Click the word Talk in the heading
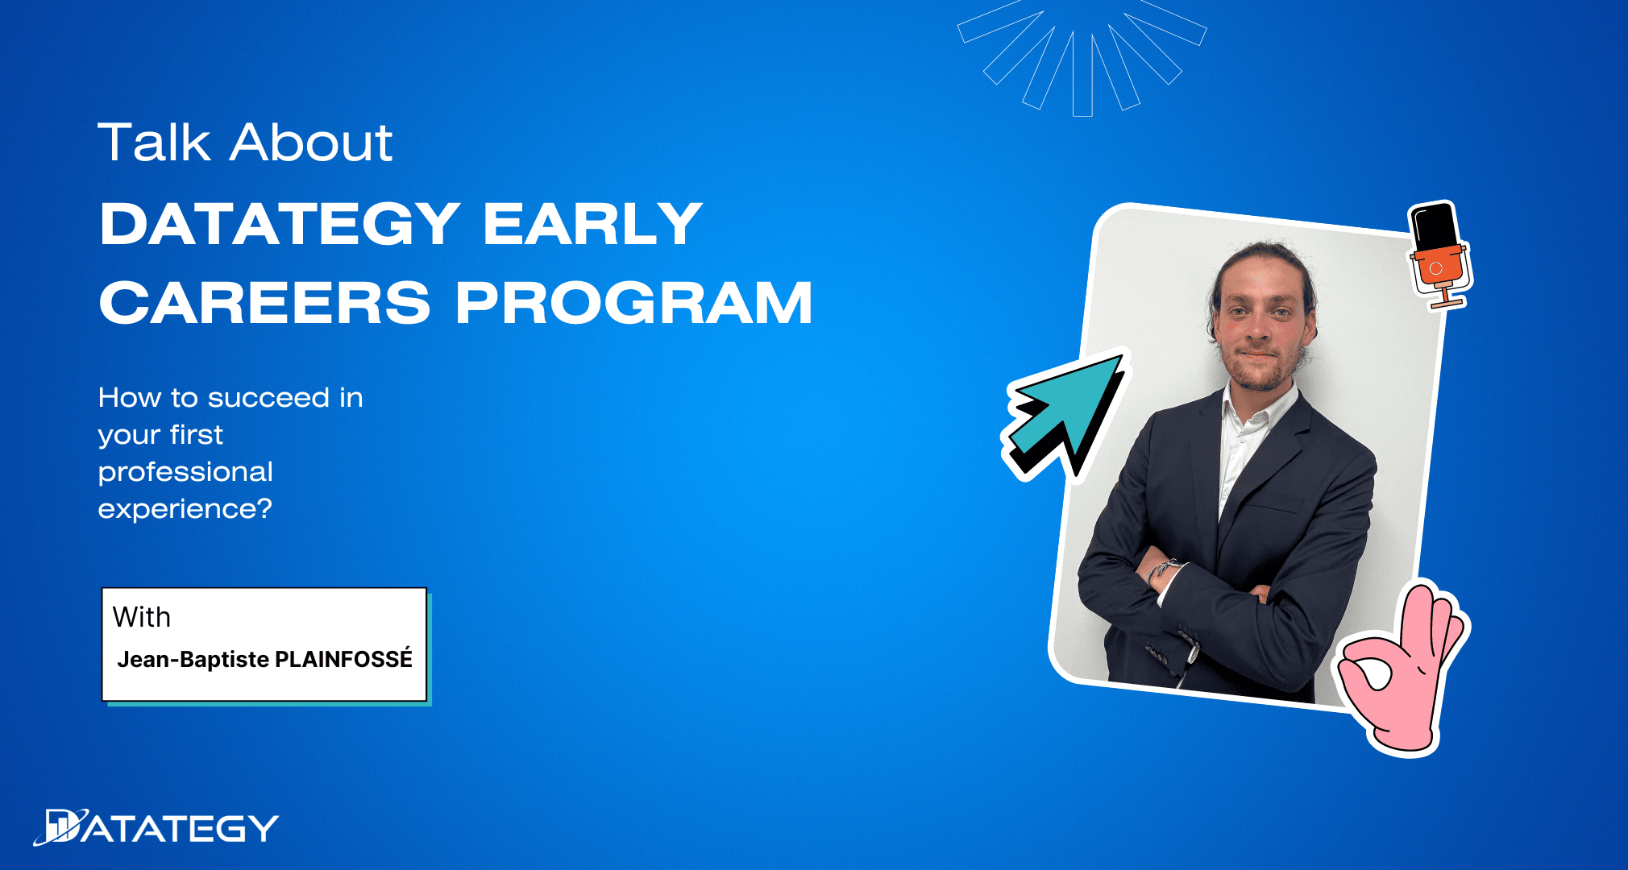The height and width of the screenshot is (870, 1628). tap(154, 143)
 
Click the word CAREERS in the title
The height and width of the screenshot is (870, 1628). tap(265, 303)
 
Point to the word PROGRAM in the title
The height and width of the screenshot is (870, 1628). tap(634, 303)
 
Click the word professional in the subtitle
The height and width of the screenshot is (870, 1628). tap(185, 472)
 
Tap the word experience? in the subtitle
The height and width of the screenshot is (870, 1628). tap(185, 509)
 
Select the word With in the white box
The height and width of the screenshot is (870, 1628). tap(142, 617)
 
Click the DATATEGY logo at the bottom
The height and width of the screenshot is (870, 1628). tap(156, 827)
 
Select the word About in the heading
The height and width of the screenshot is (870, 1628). tap(312, 143)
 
